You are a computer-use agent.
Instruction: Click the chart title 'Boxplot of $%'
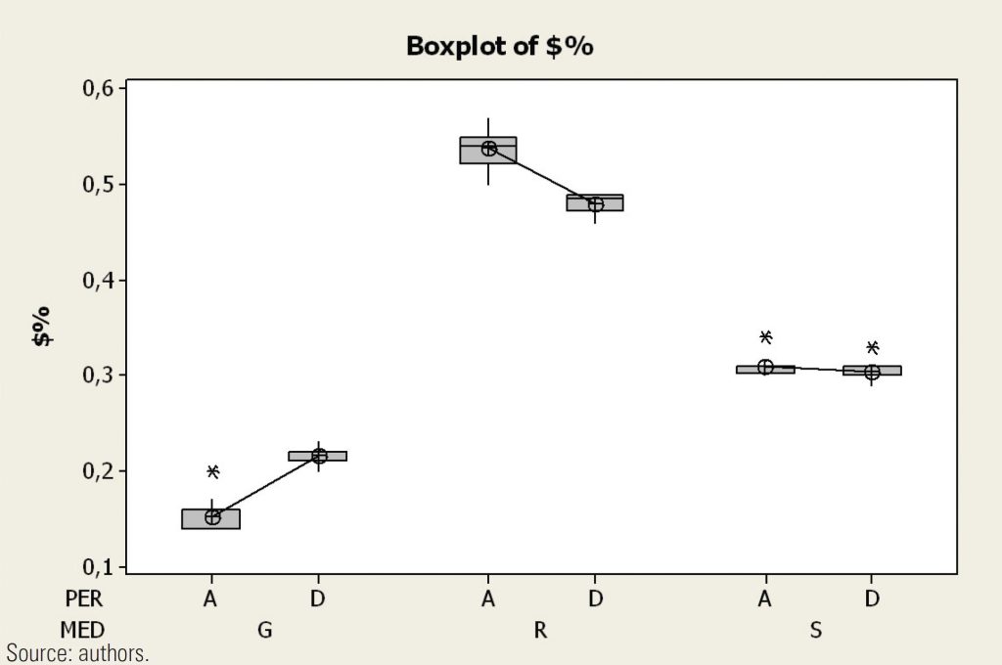tap(499, 47)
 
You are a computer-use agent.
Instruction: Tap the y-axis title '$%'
tap(42, 327)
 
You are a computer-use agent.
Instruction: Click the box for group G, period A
tap(210, 519)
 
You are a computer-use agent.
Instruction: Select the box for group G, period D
tap(317, 456)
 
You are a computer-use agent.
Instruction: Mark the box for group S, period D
tap(872, 370)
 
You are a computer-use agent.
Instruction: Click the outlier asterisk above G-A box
tap(212, 471)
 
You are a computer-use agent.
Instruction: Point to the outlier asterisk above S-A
tap(765, 337)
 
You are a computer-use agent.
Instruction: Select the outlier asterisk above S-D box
tap(872, 347)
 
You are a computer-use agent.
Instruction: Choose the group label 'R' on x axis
tap(540, 631)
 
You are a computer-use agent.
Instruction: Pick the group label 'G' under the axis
tap(264, 631)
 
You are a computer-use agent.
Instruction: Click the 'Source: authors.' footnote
tap(78, 653)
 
